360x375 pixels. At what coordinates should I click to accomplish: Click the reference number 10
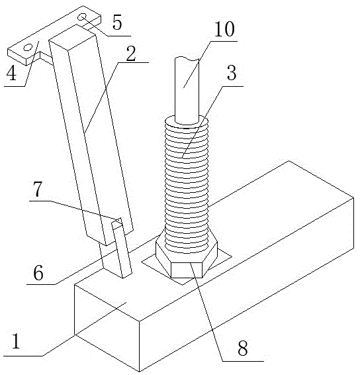pos(224,29)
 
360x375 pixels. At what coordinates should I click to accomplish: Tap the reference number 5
pos(117,23)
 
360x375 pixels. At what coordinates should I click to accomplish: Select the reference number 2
pos(130,54)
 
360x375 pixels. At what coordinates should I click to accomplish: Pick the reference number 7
pos(38,189)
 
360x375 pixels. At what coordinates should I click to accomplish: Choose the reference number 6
pos(38,273)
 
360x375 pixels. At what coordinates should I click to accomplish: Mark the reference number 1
pos(16,341)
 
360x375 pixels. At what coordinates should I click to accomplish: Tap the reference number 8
pos(243,348)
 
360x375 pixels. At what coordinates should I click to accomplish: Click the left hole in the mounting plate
pos(28,47)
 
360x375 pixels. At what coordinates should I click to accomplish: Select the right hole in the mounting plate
pos(83,17)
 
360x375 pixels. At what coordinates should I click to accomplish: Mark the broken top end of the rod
pos(187,58)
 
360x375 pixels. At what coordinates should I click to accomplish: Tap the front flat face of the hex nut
pos(187,270)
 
